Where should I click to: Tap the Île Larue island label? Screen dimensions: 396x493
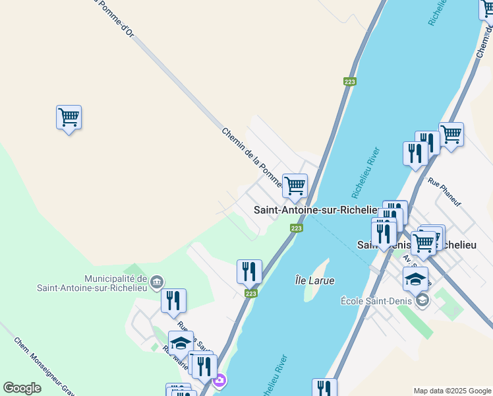(x=314, y=280)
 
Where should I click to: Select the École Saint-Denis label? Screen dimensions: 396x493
(x=376, y=301)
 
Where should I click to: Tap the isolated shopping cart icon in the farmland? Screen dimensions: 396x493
(x=69, y=118)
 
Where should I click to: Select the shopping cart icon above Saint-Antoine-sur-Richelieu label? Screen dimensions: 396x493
(x=295, y=186)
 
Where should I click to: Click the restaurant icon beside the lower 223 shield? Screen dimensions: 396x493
(x=249, y=271)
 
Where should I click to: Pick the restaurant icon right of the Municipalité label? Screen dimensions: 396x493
(x=173, y=300)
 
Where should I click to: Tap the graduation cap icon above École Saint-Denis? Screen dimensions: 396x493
(x=415, y=279)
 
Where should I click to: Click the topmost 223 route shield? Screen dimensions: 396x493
(x=349, y=82)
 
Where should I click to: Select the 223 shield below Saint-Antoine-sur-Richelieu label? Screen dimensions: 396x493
(x=297, y=228)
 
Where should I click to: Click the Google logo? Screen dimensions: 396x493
(x=22, y=388)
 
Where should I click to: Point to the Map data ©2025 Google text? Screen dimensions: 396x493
(x=452, y=391)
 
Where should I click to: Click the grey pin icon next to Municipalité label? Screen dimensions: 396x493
(x=156, y=282)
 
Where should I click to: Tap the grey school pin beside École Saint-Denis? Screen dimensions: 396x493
(x=422, y=301)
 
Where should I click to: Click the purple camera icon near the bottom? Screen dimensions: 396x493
(x=219, y=381)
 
